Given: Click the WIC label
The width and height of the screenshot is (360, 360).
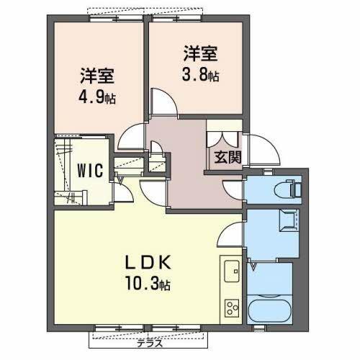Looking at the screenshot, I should (91, 171).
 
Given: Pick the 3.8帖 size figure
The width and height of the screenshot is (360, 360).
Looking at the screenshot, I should (201, 73).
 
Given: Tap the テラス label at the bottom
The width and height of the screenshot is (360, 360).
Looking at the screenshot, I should (151, 343).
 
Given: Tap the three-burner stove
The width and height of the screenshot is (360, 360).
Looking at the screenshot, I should (233, 307).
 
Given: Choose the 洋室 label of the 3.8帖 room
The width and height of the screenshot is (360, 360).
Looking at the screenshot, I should (201, 52).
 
